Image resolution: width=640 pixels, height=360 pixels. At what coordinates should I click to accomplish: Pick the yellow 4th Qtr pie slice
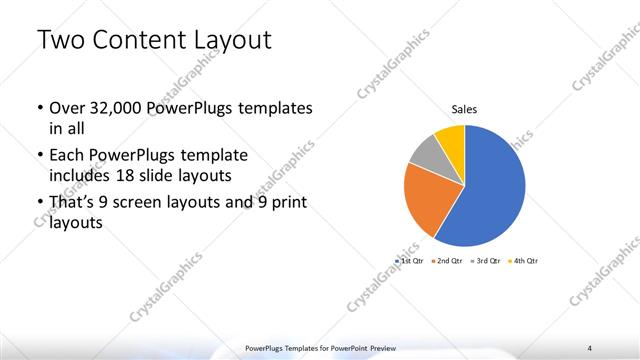pos(451,138)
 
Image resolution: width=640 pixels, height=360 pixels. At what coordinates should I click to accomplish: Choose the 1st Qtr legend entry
pos(410,260)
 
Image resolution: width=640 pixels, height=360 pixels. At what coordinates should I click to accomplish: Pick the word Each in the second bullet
pos(68,156)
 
